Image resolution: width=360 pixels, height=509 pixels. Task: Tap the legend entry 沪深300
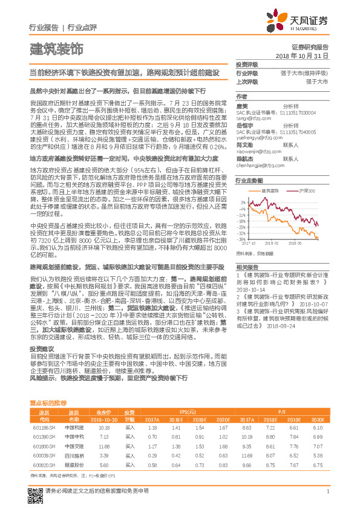[307, 190]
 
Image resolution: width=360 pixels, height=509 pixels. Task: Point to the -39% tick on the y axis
[241, 239]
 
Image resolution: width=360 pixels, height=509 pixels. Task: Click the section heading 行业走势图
[249, 181]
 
